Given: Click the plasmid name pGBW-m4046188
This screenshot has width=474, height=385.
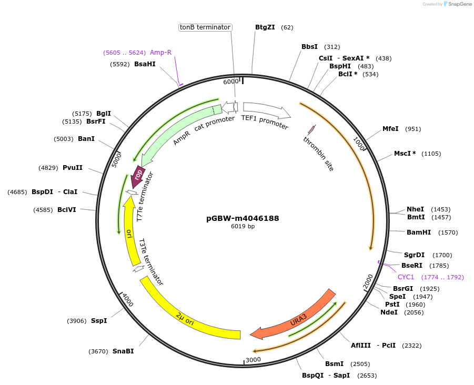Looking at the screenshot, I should [243, 218].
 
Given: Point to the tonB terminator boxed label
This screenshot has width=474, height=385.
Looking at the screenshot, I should [205, 27].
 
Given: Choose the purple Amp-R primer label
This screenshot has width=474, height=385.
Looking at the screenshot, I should [160, 53].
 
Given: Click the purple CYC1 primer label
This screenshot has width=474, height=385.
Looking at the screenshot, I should [406, 277].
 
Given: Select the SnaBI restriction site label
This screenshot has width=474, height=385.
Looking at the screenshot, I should [123, 351].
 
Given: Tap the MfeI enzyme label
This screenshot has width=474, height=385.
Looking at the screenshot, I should [390, 129].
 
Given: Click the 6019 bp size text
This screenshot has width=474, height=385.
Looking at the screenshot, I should [243, 227].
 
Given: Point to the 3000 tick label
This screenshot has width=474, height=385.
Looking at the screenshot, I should [253, 360].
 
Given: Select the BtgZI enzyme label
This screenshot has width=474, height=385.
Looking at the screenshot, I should [265, 27].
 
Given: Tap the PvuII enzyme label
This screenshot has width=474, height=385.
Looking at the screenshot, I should [72, 168].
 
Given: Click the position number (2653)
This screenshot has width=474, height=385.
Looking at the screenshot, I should [367, 376].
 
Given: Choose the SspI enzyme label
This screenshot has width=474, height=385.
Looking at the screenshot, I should [98, 321].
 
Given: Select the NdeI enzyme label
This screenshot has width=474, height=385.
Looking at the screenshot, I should [389, 312].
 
